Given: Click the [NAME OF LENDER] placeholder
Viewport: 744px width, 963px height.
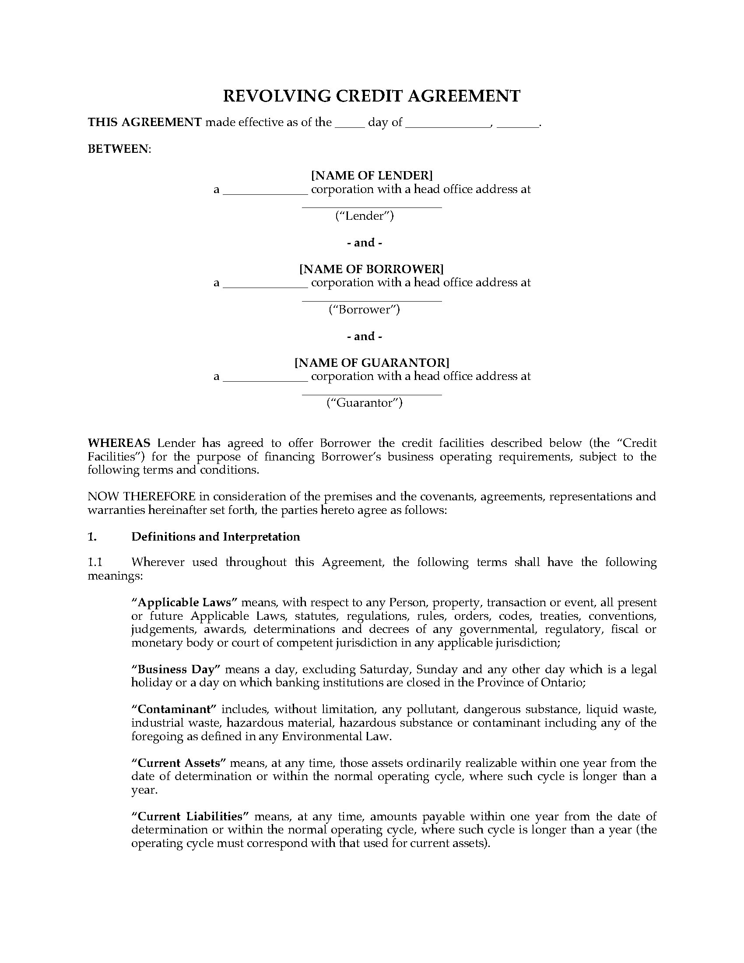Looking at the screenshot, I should pyautogui.click(x=372, y=176).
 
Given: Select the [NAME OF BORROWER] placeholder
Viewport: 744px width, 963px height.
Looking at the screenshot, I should pyautogui.click(x=372, y=269).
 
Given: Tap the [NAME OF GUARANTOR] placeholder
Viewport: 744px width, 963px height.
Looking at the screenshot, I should pyautogui.click(x=372, y=363).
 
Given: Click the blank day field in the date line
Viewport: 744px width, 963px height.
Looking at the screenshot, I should pyautogui.click(x=350, y=123).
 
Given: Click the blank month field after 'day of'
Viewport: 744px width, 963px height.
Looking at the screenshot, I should pyautogui.click(x=447, y=123).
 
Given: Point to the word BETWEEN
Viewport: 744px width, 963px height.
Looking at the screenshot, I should pyautogui.click(x=119, y=149).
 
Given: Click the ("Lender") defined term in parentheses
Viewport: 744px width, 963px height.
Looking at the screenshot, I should pyautogui.click(x=365, y=216).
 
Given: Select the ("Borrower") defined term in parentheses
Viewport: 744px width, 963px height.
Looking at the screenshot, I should pyautogui.click(x=365, y=309).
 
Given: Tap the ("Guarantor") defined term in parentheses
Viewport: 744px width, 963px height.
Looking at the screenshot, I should pyautogui.click(x=365, y=403).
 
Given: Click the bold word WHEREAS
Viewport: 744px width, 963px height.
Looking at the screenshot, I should pyautogui.click(x=119, y=443).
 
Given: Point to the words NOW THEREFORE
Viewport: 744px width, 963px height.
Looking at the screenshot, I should pyautogui.click(x=141, y=496).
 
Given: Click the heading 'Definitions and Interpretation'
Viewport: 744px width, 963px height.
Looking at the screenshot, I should pyautogui.click(x=215, y=537).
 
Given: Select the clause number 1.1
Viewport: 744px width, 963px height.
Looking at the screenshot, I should pyautogui.click(x=95, y=562).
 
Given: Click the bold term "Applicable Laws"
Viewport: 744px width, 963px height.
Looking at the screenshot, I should pyautogui.click(x=185, y=602).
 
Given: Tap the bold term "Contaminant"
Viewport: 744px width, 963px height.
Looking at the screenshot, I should pyautogui.click(x=174, y=710).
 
